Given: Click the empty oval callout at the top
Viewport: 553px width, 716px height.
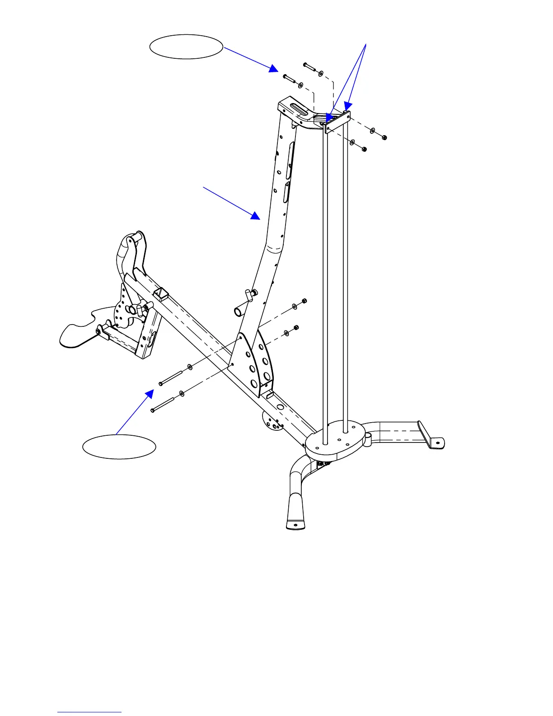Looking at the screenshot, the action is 186,47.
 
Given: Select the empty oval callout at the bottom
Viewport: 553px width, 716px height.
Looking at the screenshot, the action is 119,447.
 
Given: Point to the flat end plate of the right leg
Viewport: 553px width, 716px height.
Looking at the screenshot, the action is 431,436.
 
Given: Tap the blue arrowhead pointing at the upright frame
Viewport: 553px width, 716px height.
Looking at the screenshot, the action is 256,216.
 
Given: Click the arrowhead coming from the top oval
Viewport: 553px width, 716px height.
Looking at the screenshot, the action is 273,68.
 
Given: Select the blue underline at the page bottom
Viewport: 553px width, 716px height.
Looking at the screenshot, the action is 89,712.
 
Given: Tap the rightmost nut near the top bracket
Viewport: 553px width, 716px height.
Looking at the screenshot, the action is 384,137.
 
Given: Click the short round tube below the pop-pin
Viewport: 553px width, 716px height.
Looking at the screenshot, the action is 240,312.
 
